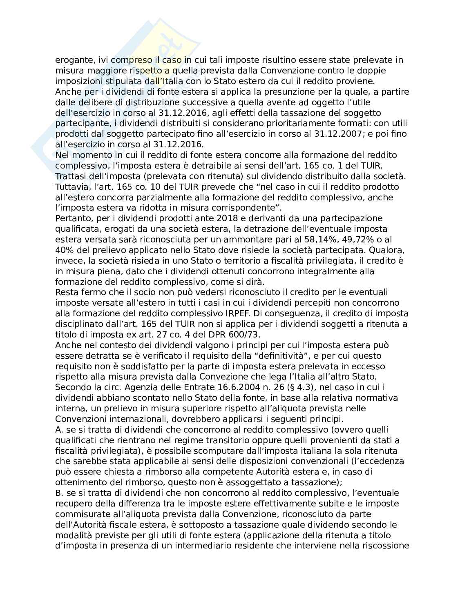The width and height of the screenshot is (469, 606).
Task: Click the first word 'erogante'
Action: click(x=70, y=60)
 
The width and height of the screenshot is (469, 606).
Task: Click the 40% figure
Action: click(x=65, y=250)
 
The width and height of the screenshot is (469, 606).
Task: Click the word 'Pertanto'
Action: click(x=71, y=218)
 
